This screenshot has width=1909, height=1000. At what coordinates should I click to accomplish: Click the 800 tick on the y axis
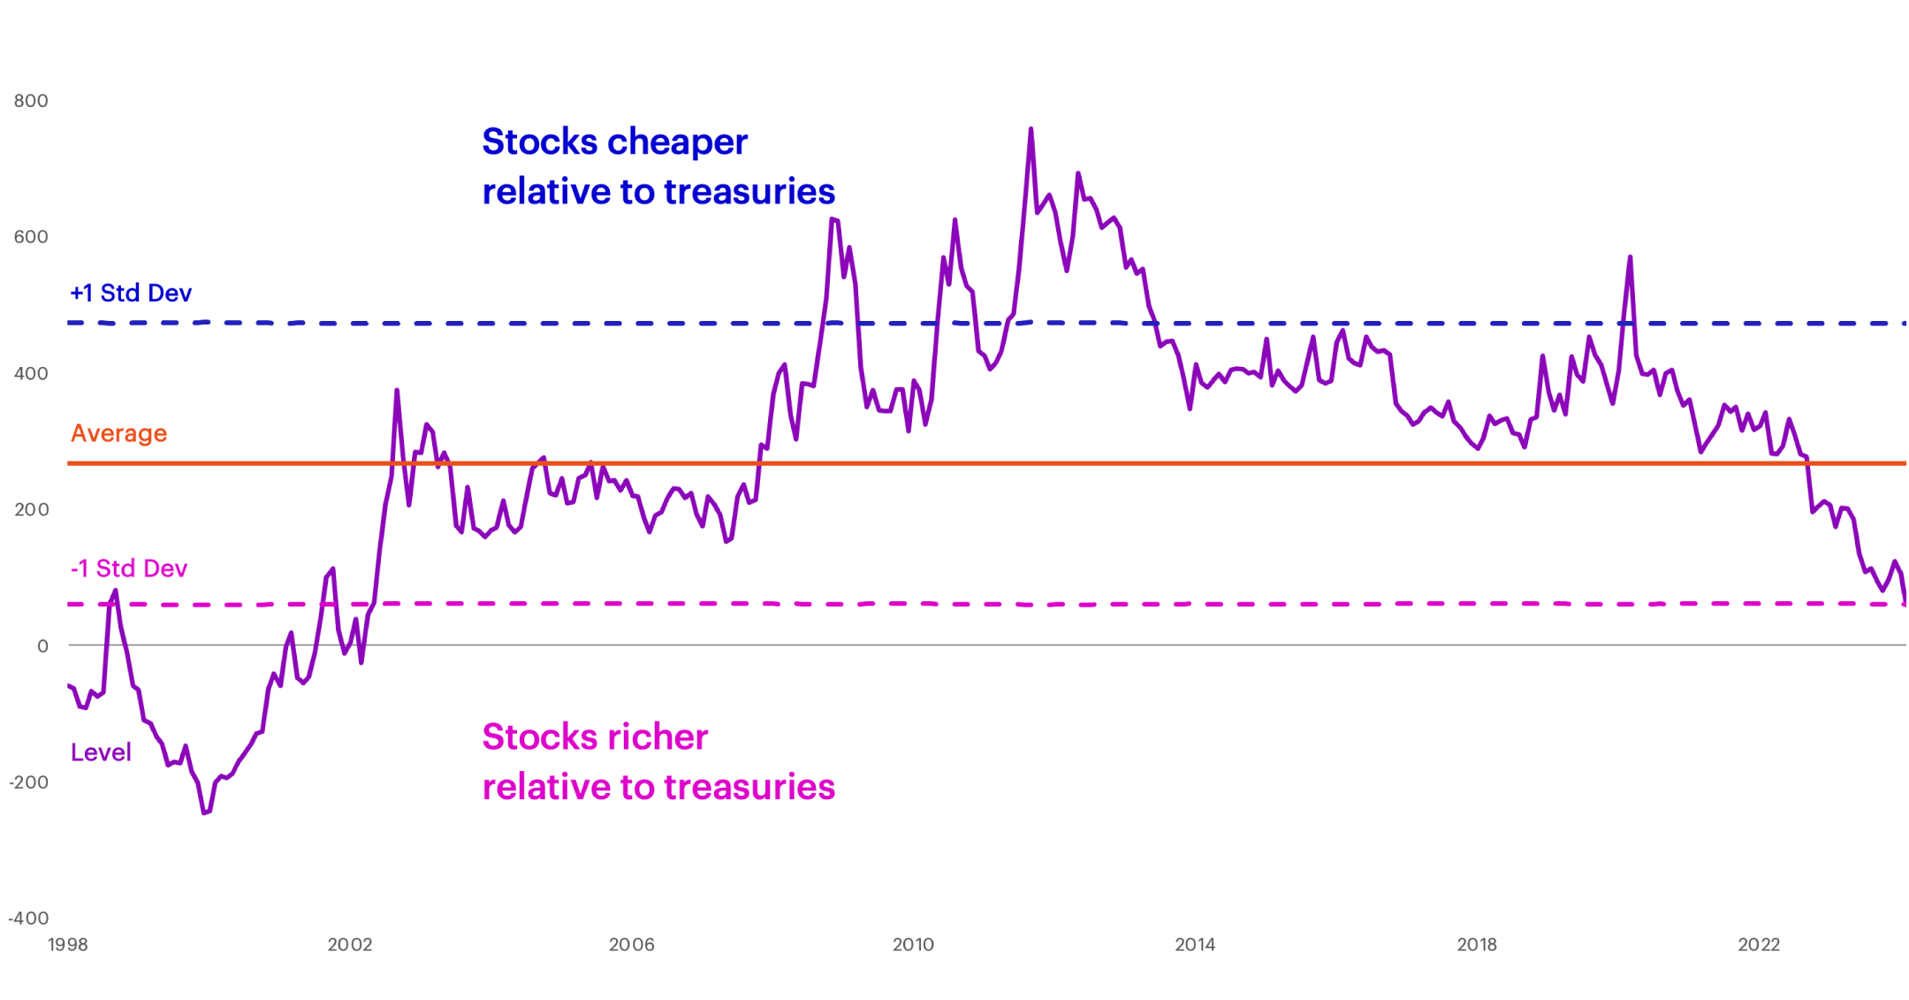[31, 101]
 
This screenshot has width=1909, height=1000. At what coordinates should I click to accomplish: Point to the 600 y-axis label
[31, 237]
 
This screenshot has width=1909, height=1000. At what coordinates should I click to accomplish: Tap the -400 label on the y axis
[28, 918]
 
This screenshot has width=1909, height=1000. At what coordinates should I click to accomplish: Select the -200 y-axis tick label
[28, 782]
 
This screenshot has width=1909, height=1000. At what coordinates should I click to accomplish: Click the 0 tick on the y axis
[42, 646]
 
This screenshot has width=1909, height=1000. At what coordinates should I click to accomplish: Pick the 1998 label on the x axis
[68, 944]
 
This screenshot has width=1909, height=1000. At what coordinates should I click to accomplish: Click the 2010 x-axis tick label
[913, 944]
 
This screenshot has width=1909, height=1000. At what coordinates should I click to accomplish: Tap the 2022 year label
[1759, 944]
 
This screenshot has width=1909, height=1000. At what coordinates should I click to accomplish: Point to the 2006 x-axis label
[632, 944]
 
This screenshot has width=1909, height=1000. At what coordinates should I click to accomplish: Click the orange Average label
[118, 433]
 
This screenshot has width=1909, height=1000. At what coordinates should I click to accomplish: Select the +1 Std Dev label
[131, 293]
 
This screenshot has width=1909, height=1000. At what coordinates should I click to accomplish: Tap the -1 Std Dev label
[129, 568]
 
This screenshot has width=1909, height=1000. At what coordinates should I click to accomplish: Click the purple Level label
[101, 752]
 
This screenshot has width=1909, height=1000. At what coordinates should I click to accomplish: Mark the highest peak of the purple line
[1031, 130]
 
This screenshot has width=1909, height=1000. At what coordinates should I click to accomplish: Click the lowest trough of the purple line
[204, 812]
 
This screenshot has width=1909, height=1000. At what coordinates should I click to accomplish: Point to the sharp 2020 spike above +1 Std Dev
[1630, 258]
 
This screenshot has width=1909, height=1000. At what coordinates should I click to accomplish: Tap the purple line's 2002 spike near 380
[397, 391]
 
